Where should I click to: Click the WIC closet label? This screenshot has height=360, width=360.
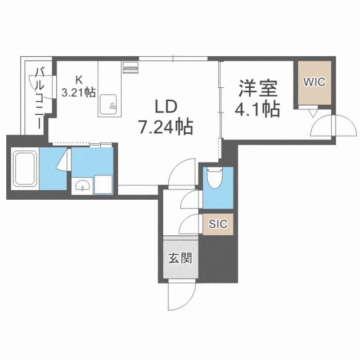(314, 82)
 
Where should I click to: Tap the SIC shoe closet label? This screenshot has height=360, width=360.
(218, 224)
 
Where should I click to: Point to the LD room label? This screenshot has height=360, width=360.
(166, 106)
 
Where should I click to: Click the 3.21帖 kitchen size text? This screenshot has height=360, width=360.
(78, 92)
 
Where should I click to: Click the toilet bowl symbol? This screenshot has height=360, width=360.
(216, 180)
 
